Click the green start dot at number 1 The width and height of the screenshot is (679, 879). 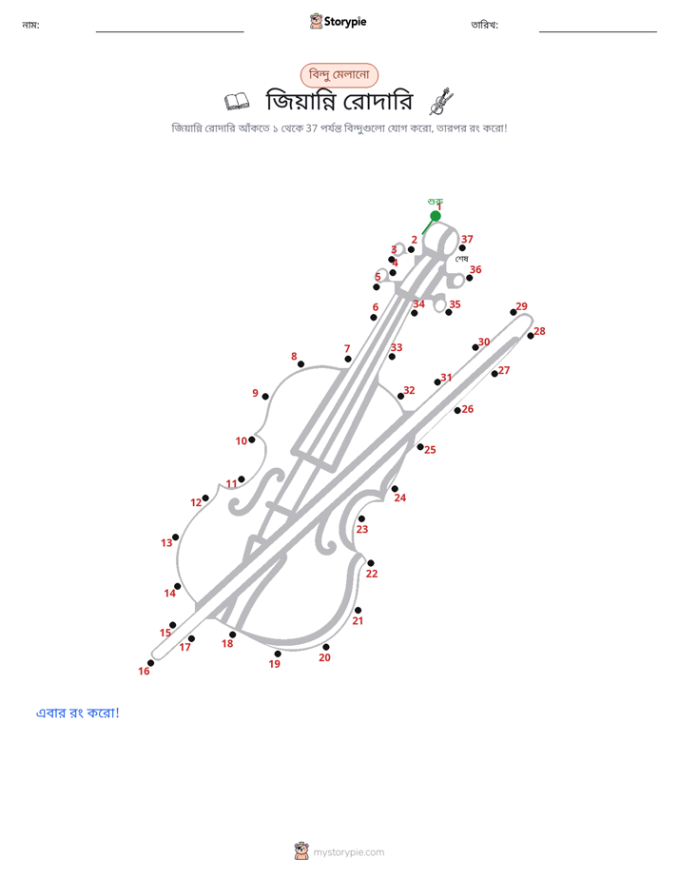pyautogui.click(x=436, y=216)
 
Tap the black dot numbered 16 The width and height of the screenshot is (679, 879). pyautogui.click(x=150, y=663)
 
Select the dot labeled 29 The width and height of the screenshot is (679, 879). pyautogui.click(x=514, y=312)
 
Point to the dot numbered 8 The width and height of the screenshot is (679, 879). pyautogui.click(x=301, y=364)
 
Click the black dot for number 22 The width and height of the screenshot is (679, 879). pyautogui.click(x=370, y=563)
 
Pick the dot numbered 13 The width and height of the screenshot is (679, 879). pyautogui.click(x=175, y=537)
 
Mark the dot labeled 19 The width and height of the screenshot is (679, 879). pyautogui.click(x=278, y=654)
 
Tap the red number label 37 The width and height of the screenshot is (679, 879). pyautogui.click(x=467, y=240)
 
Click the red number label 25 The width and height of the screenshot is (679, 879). pyautogui.click(x=430, y=450)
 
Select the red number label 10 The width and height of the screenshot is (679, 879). pyautogui.click(x=241, y=441)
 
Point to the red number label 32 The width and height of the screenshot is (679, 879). pyautogui.click(x=409, y=390)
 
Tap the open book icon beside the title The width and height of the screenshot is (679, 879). pyautogui.click(x=237, y=102)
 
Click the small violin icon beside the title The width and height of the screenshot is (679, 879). pyautogui.click(x=441, y=101)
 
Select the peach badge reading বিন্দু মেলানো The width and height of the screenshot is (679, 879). pyautogui.click(x=339, y=75)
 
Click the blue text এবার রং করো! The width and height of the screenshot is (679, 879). pyautogui.click(x=78, y=713)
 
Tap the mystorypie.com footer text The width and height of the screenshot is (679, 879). pyautogui.click(x=348, y=852)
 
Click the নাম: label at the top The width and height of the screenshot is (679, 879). pyautogui.click(x=30, y=25)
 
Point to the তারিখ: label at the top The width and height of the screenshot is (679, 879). pyautogui.click(x=485, y=25)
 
